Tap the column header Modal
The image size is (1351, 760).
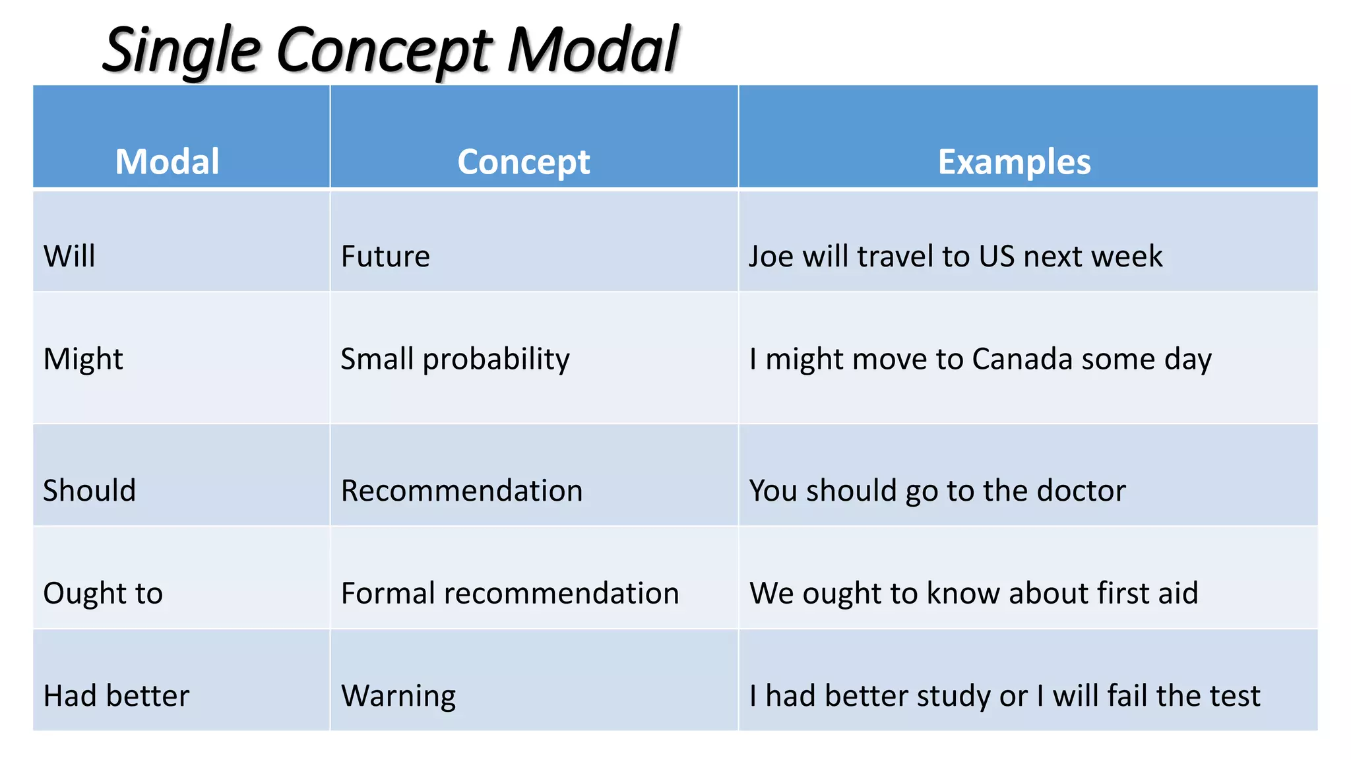coord(167,162)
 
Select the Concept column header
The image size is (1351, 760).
coord(524,162)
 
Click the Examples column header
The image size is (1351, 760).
coord(1014,162)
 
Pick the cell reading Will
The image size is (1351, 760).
coord(69,256)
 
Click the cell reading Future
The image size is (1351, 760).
coord(385,256)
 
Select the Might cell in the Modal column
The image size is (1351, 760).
coord(83,360)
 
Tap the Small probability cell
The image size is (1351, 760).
coord(455,360)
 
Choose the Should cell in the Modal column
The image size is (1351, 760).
coord(89,491)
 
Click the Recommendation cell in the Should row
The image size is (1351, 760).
coord(462,491)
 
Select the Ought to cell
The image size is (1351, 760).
coord(103,593)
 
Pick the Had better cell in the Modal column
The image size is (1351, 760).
coord(116,696)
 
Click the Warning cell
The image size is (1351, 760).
coord(398,696)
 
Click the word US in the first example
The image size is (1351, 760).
coord(996,256)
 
